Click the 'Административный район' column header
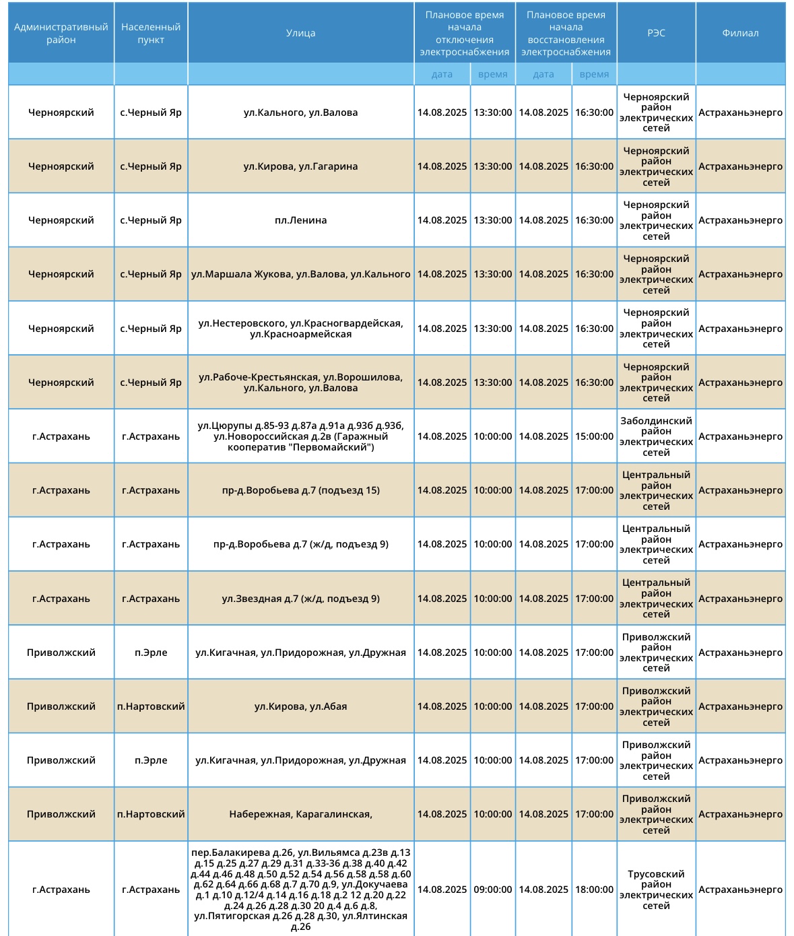(x=61, y=33)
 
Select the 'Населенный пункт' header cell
(x=151, y=33)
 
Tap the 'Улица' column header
(x=300, y=33)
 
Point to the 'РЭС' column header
(x=656, y=33)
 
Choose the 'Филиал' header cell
(x=740, y=33)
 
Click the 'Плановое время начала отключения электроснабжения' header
(x=464, y=33)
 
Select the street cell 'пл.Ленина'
(x=300, y=220)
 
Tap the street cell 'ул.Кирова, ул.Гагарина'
(x=300, y=166)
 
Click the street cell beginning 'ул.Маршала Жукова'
(x=300, y=274)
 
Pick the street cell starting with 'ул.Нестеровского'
(x=300, y=329)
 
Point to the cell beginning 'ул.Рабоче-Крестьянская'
(x=300, y=382)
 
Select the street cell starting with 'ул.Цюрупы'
(x=300, y=436)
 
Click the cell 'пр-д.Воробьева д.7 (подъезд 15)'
(x=300, y=490)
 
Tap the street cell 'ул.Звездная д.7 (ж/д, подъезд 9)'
(x=300, y=599)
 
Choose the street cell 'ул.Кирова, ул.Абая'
(x=300, y=706)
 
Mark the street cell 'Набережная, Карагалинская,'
(x=300, y=814)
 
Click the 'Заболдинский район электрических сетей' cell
(x=656, y=436)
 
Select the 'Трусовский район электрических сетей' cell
(x=656, y=890)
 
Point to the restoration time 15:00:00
(x=594, y=436)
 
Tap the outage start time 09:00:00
(x=492, y=890)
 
